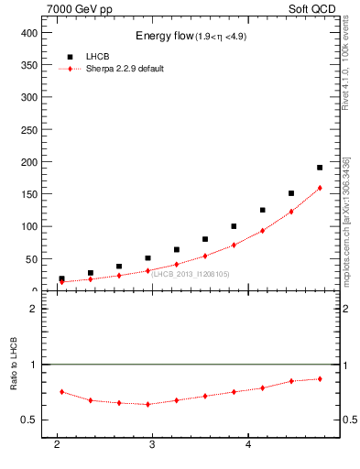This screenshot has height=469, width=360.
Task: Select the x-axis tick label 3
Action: [x=152, y=444]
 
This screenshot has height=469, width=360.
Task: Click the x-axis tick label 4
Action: [x=248, y=444]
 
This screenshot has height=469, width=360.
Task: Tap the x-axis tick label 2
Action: [x=57, y=444]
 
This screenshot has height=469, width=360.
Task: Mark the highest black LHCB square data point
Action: [x=320, y=168]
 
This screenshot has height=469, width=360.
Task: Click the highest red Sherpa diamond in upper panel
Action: [x=320, y=188]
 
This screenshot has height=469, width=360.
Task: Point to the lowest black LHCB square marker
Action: [x=61, y=278]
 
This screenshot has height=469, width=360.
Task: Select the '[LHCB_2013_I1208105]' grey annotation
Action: [x=190, y=274]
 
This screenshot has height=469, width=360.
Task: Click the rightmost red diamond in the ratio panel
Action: [x=320, y=378]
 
